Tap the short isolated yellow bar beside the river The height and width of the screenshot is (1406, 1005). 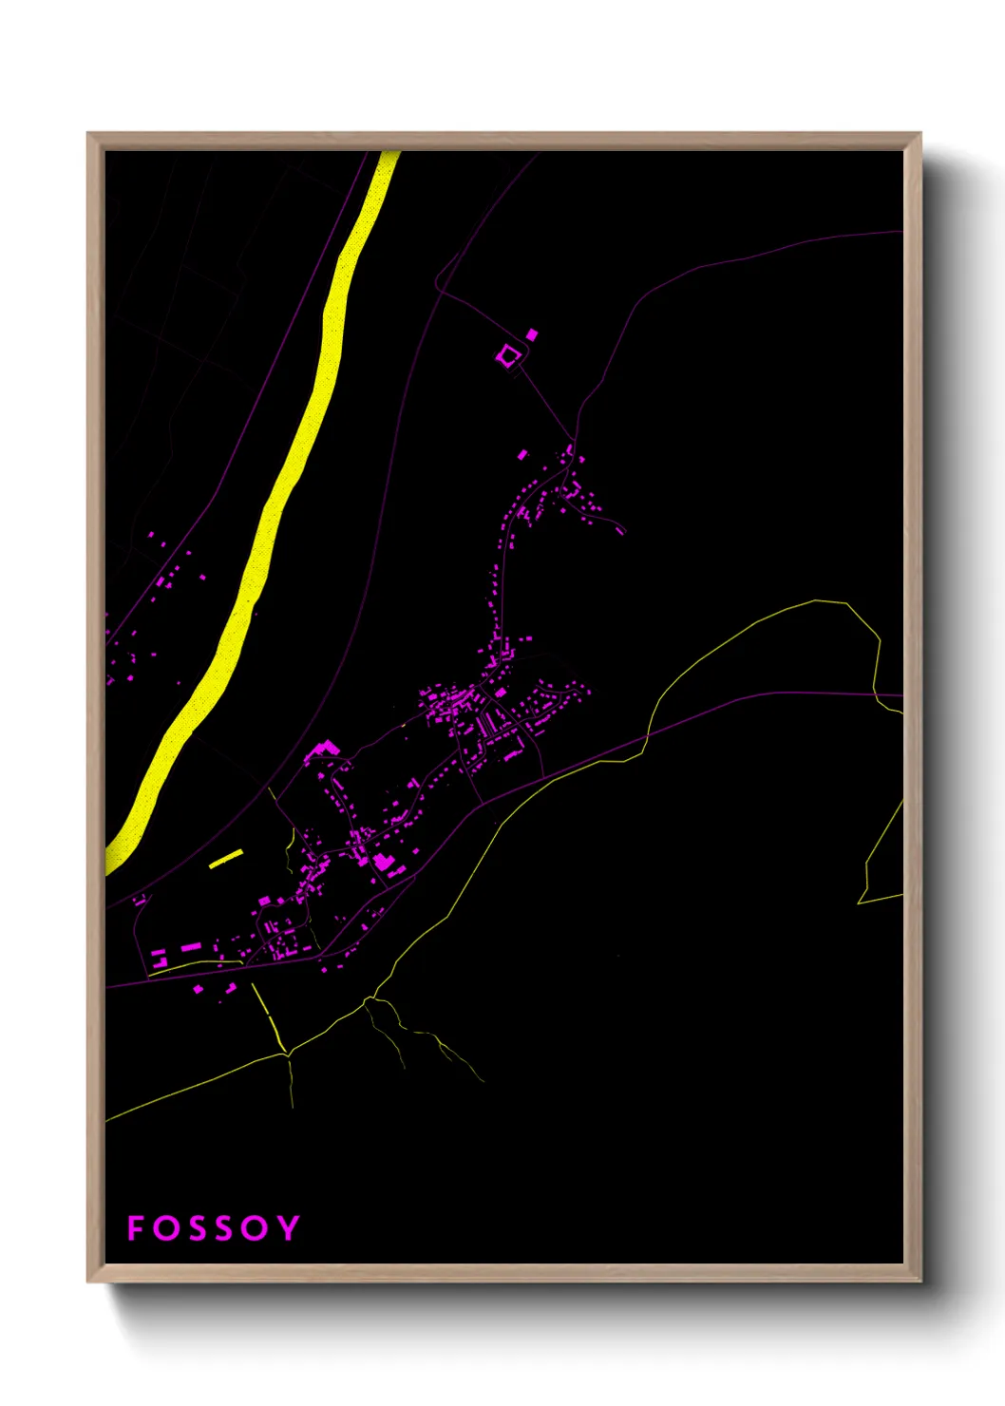pyautogui.click(x=226, y=859)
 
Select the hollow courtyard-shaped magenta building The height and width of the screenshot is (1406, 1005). pyautogui.click(x=508, y=356)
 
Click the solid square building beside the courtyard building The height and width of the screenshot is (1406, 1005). pyautogui.click(x=532, y=333)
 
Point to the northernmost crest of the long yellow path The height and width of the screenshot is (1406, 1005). pyautogui.click(x=817, y=600)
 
